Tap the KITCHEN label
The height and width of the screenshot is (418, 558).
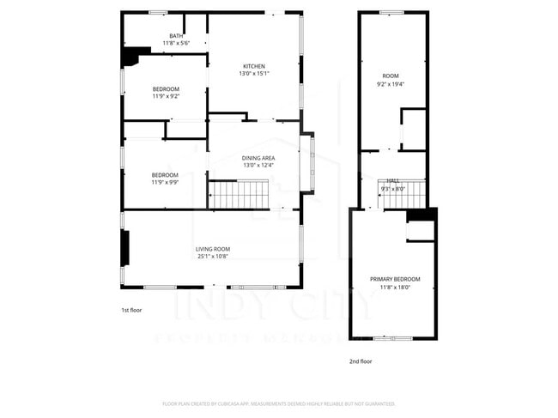(253, 66)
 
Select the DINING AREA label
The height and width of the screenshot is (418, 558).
(258, 158)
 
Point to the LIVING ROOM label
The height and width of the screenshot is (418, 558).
(212, 249)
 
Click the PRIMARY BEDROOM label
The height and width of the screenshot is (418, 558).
(395, 280)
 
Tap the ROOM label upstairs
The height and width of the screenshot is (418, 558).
(391, 76)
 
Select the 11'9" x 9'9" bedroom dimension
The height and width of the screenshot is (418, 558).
(166, 183)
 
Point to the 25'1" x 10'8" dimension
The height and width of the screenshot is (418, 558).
(212, 257)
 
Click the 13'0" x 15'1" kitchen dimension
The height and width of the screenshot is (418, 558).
(253, 74)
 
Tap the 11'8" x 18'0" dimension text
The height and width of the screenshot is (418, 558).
(395, 288)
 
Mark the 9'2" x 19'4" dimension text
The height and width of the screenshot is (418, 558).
(391, 84)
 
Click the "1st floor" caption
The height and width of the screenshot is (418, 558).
(130, 310)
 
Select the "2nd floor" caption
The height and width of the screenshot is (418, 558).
(360, 361)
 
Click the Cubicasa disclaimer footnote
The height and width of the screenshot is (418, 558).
(278, 403)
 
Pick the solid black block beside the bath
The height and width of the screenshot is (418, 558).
(131, 57)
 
